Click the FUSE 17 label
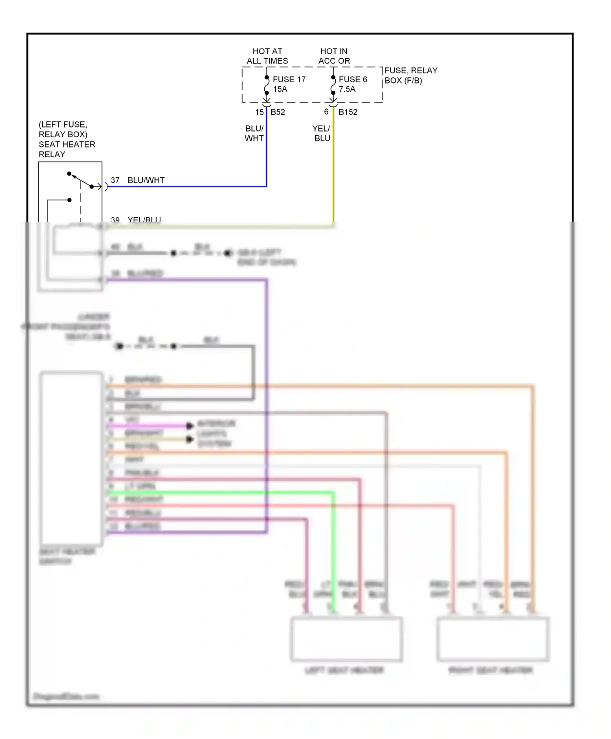pyautogui.click(x=289, y=79)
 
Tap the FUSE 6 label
pyautogui.click(x=353, y=79)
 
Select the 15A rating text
pyautogui.click(x=280, y=89)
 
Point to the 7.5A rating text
pyautogui.click(x=347, y=89)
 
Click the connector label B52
pyautogui.click(x=278, y=112)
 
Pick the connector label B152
pyautogui.click(x=348, y=112)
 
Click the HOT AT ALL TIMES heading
pyautogui.click(x=267, y=56)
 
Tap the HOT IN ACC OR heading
pyautogui.click(x=334, y=56)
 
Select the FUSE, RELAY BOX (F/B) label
pyautogui.click(x=411, y=75)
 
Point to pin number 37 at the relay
pyautogui.click(x=115, y=180)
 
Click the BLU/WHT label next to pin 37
pyautogui.click(x=146, y=180)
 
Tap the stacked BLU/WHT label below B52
pyautogui.click(x=254, y=133)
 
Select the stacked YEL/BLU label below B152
pyautogui.click(x=321, y=133)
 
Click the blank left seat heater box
pyautogui.click(x=346, y=638)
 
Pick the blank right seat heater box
pyautogui.click(x=493, y=638)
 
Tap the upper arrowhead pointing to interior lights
pyautogui.click(x=190, y=426)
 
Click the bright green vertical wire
pyautogui.click(x=333, y=550)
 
